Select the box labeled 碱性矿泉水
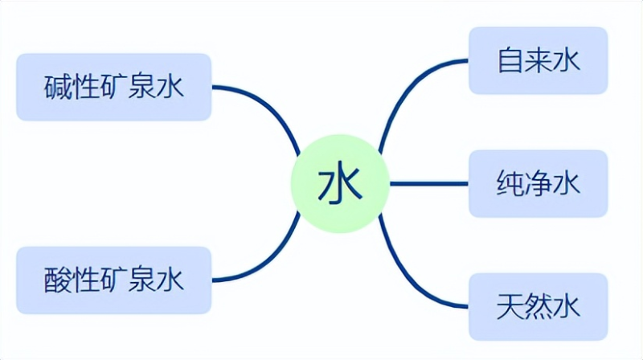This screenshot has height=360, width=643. (113, 87)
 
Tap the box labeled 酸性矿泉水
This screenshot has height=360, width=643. (113, 280)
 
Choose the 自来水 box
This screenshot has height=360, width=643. (539, 61)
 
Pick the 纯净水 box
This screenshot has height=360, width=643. (539, 184)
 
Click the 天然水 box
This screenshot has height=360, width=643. (539, 306)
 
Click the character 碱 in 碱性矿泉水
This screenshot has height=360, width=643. (57, 87)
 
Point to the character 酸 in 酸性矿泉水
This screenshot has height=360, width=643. (57, 280)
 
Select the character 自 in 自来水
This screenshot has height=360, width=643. (510, 61)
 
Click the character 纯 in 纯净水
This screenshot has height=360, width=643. (510, 184)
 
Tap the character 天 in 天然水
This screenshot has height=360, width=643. (510, 306)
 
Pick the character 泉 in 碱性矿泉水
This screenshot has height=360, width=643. (142, 87)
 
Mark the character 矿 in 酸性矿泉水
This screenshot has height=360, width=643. (114, 280)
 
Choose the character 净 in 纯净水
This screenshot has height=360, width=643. (539, 184)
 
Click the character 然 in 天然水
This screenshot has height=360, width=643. (539, 306)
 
